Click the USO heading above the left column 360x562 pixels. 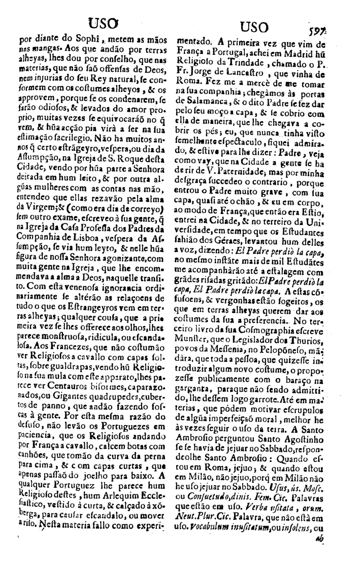(x=104, y=23)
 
